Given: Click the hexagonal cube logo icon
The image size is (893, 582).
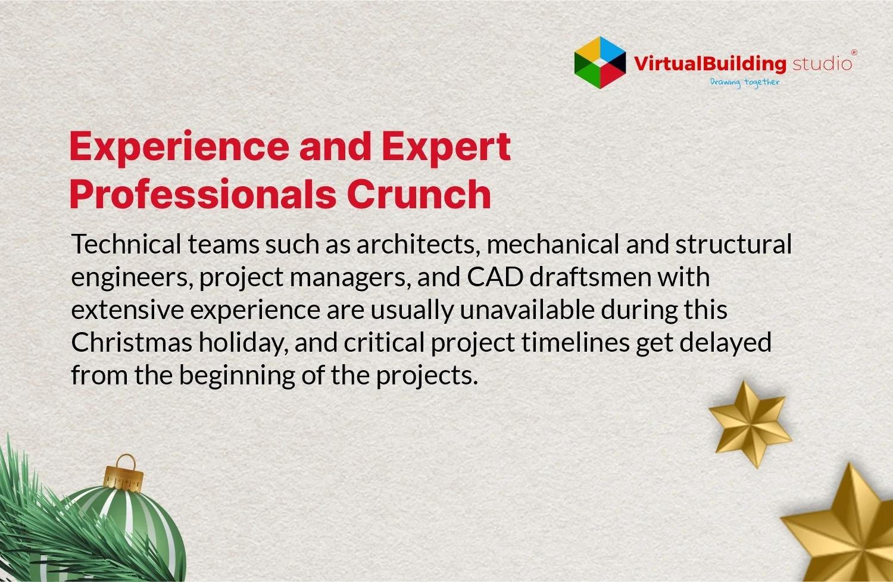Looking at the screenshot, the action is click(600, 62).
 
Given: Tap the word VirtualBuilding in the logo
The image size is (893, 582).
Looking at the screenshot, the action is click(710, 64).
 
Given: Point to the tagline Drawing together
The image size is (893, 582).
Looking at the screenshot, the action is click(744, 83).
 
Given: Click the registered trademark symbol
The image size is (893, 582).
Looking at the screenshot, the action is click(854, 52).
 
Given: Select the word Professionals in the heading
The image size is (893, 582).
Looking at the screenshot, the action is click(203, 194).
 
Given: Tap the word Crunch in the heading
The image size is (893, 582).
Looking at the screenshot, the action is click(419, 194).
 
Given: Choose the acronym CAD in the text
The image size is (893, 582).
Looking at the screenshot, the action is click(495, 277).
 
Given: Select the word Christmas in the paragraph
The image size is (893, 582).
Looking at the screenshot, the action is click(132, 342).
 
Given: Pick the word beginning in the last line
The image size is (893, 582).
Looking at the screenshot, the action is click(237, 376).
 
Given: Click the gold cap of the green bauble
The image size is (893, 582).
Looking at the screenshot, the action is click(123, 476).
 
